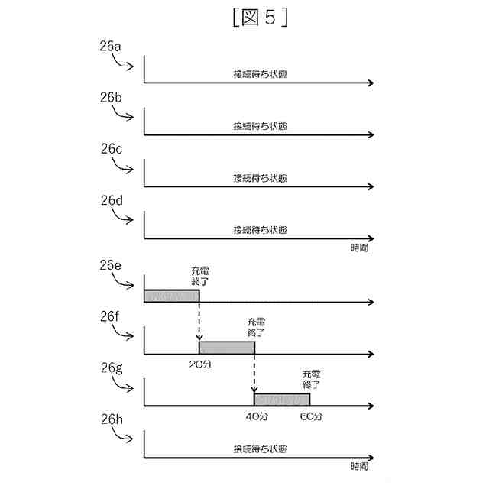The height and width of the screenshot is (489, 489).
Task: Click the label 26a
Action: (111, 47)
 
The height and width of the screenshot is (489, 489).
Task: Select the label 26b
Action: (111, 99)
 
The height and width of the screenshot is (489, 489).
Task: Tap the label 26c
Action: (111, 150)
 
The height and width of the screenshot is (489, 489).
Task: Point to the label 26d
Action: (111, 201)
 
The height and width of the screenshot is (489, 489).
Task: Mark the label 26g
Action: (111, 368)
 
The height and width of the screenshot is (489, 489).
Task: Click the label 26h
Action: (111, 419)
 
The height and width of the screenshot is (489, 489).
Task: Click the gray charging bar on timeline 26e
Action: (171, 296)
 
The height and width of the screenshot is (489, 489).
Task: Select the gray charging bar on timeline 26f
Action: (226, 348)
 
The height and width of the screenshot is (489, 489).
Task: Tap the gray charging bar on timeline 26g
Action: (281, 399)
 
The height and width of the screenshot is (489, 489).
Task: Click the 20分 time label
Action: (199, 364)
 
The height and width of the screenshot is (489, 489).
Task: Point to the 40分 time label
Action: (255, 416)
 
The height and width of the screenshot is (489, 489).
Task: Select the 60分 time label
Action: (312, 416)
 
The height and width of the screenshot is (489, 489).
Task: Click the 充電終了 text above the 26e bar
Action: (199, 276)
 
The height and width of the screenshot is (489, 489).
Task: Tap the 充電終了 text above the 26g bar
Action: (311, 379)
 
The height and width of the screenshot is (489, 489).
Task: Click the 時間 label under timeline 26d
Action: (361, 247)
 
